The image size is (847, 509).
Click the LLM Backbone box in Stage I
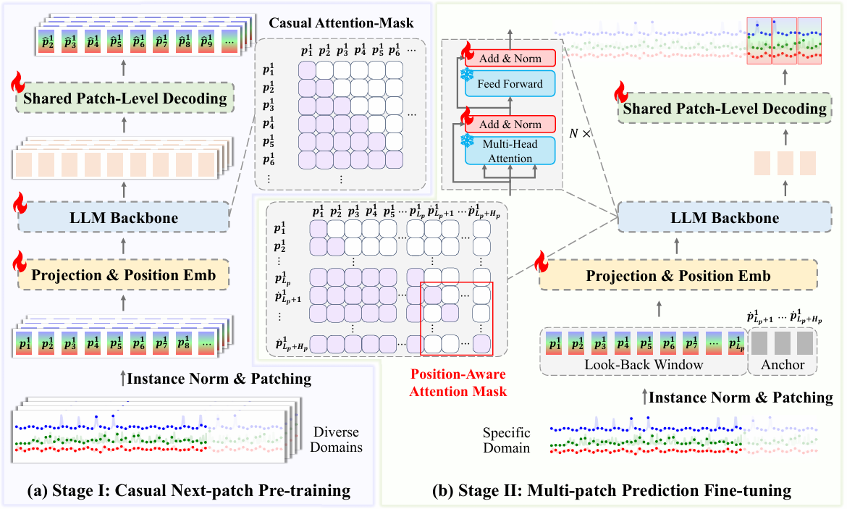(125, 217)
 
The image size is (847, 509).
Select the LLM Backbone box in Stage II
(726, 217)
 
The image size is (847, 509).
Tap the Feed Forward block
(510, 84)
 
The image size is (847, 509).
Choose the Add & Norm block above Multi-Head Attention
(510, 124)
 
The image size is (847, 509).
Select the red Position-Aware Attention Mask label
(458, 382)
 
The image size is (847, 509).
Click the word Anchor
(783, 365)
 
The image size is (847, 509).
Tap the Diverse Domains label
(337, 439)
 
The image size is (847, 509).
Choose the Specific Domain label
(507, 440)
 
